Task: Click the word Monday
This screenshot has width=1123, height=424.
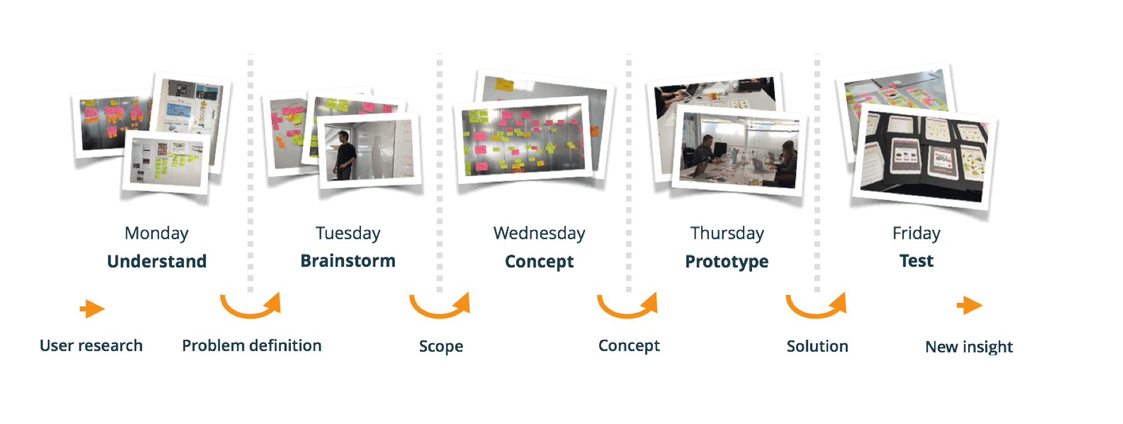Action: [x=157, y=233]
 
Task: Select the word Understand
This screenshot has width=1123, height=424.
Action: [x=157, y=261]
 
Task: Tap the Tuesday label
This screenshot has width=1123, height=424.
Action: [x=348, y=233]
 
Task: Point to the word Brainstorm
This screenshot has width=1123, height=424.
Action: [x=348, y=261]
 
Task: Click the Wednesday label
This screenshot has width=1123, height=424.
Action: [x=539, y=233]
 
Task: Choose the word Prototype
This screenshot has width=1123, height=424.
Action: [x=726, y=261]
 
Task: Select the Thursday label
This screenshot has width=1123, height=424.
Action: [x=727, y=233]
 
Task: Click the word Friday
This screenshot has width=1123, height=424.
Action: [x=916, y=233]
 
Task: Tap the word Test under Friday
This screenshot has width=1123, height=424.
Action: [x=916, y=261]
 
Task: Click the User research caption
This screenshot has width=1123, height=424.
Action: [x=91, y=345]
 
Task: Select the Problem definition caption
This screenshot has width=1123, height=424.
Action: [x=251, y=345]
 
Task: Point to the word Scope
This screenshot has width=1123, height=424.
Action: [x=441, y=346]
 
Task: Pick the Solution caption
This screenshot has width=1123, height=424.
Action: [x=817, y=346]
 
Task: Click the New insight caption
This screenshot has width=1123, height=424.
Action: [x=969, y=347]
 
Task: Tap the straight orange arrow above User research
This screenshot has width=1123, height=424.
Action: [x=92, y=309]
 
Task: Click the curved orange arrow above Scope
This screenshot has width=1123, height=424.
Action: [x=440, y=305]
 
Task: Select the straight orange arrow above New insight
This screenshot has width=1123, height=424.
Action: [x=969, y=306]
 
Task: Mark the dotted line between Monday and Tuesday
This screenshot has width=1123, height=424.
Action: [x=250, y=173]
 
